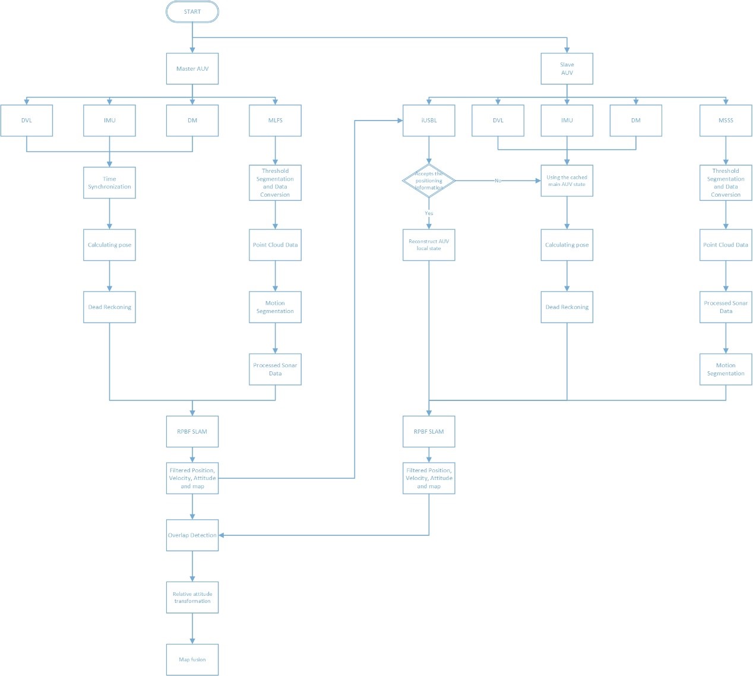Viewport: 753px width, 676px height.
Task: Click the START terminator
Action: [x=192, y=12]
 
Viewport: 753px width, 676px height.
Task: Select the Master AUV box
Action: [x=192, y=69]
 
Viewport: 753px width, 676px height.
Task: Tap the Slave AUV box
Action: [x=567, y=69]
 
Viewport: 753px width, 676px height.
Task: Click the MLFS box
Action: [x=275, y=121]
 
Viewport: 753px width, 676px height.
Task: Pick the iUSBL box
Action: [x=429, y=121]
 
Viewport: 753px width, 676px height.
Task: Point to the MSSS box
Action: [x=726, y=121]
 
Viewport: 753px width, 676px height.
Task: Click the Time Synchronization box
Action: [x=109, y=182]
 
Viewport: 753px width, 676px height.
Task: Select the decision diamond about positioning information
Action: [x=429, y=181]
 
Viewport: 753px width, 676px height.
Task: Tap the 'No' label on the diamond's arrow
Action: [x=498, y=181]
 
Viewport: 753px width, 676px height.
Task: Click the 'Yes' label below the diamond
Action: [x=429, y=213]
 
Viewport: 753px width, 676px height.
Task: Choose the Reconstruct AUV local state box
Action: [x=429, y=245]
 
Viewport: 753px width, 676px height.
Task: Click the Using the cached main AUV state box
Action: [x=567, y=181]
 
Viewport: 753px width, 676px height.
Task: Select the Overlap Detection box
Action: [x=192, y=535]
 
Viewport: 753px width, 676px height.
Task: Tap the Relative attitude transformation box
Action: [x=192, y=598]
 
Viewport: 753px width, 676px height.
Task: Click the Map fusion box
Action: [x=192, y=659]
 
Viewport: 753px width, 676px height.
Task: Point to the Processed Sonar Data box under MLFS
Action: [x=275, y=369]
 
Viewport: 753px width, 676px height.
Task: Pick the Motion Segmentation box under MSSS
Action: [x=726, y=369]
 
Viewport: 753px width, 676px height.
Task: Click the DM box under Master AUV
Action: [x=192, y=121]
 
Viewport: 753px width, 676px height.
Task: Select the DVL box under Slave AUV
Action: [x=498, y=121]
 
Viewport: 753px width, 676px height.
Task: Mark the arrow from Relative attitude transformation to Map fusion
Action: [x=192, y=628]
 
